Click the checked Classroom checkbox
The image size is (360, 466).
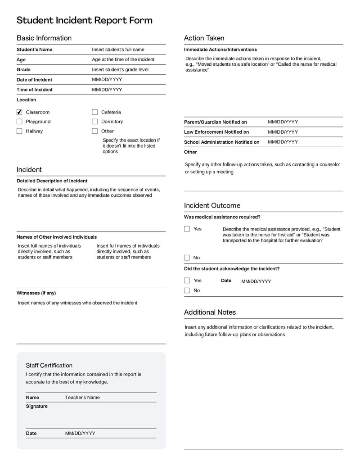[x=19, y=112]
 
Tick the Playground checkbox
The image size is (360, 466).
[x=19, y=122]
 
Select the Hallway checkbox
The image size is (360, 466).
[x=19, y=131]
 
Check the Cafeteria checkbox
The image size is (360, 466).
[x=95, y=112]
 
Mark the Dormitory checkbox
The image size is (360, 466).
[x=95, y=122]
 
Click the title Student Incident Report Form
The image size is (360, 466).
[x=85, y=20]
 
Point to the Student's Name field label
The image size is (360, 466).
[x=35, y=50]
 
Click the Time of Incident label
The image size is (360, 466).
[x=35, y=90]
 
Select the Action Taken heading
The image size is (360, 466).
[x=204, y=38]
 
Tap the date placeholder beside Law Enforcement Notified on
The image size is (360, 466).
[x=283, y=132]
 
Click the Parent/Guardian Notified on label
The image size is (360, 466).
[x=216, y=122]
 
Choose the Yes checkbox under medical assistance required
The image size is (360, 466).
[x=187, y=229]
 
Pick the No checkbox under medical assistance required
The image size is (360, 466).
[x=187, y=258]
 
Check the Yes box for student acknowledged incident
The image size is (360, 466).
[x=187, y=281]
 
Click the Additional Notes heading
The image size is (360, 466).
[x=210, y=312]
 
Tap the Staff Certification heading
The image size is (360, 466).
[x=49, y=366]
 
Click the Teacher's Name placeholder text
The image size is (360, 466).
[x=82, y=398]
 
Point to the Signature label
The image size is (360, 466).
[x=36, y=407]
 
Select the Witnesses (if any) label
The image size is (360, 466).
[x=36, y=293]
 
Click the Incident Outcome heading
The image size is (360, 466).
[x=212, y=206]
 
